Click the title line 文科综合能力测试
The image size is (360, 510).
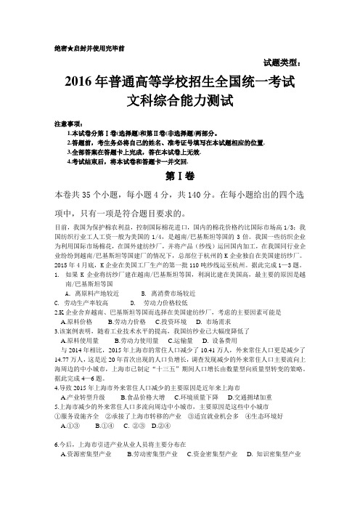179,99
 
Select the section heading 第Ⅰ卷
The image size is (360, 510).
180,179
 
